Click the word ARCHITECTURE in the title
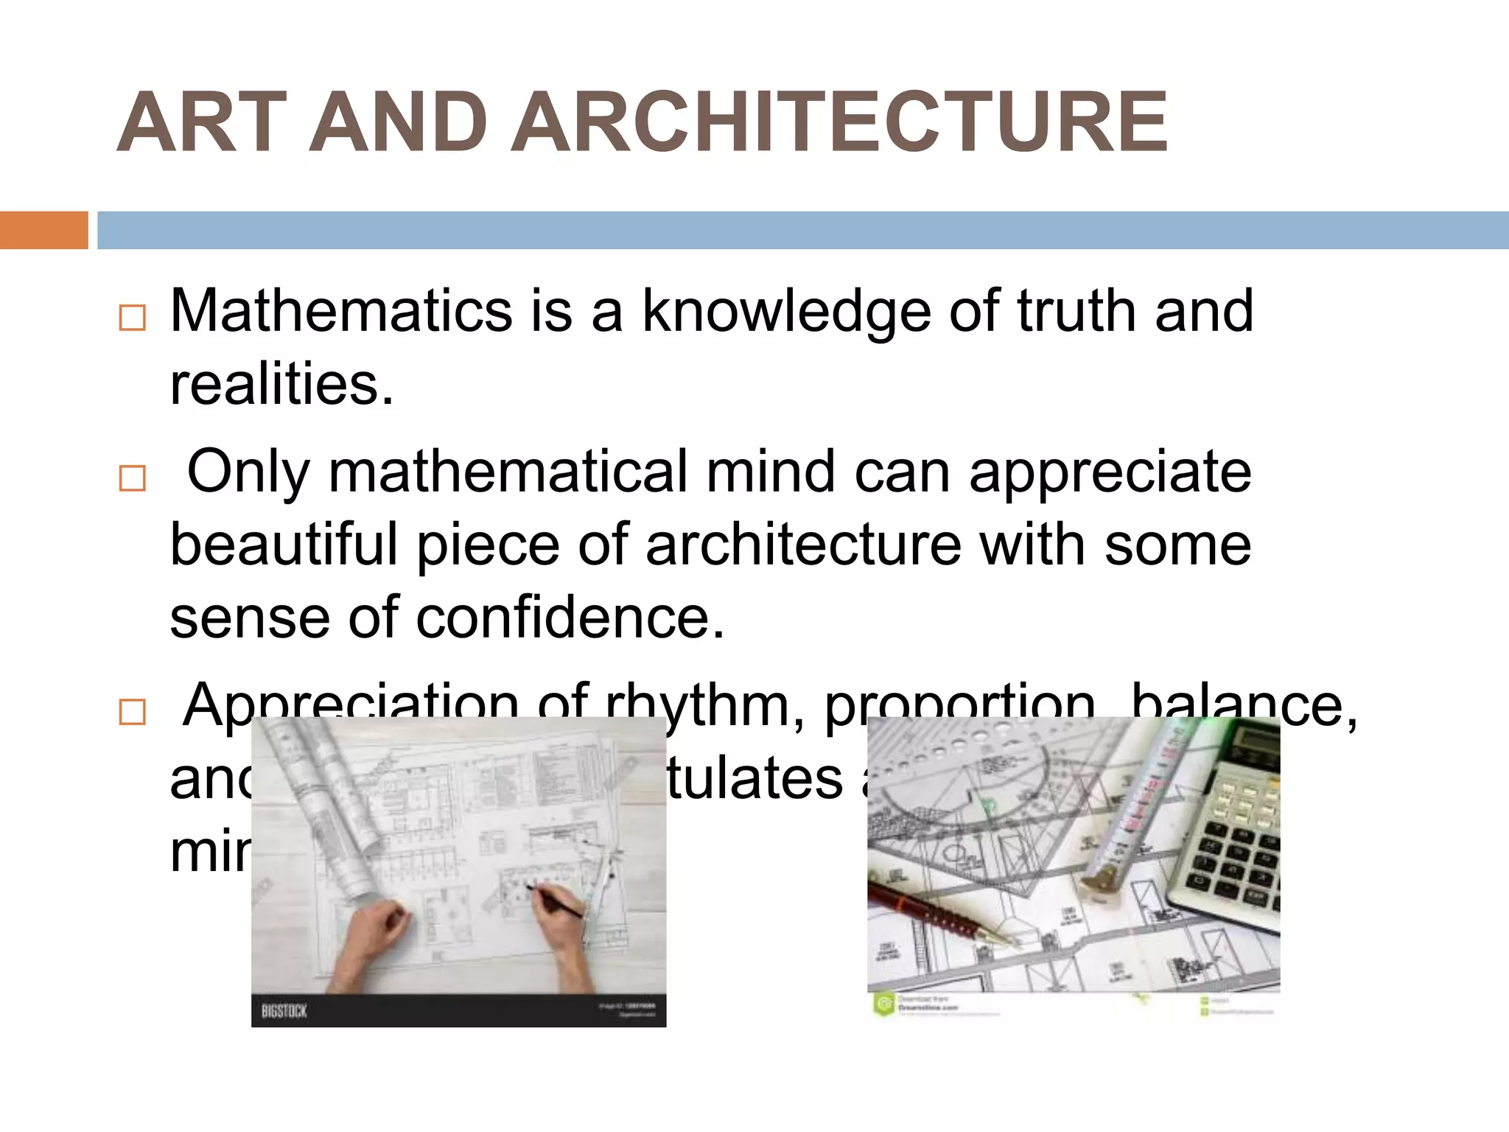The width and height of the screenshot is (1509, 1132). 838,123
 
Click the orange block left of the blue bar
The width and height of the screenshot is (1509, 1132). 43,230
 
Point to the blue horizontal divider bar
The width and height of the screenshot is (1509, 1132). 803,230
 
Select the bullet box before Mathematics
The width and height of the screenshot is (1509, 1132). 133,318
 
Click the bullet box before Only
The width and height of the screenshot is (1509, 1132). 133,478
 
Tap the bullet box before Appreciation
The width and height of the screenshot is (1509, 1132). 133,713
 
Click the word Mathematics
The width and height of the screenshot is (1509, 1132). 341,311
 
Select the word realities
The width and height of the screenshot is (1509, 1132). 281,385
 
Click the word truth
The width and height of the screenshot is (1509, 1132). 1076,311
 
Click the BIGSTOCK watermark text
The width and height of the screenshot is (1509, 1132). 284,1011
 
